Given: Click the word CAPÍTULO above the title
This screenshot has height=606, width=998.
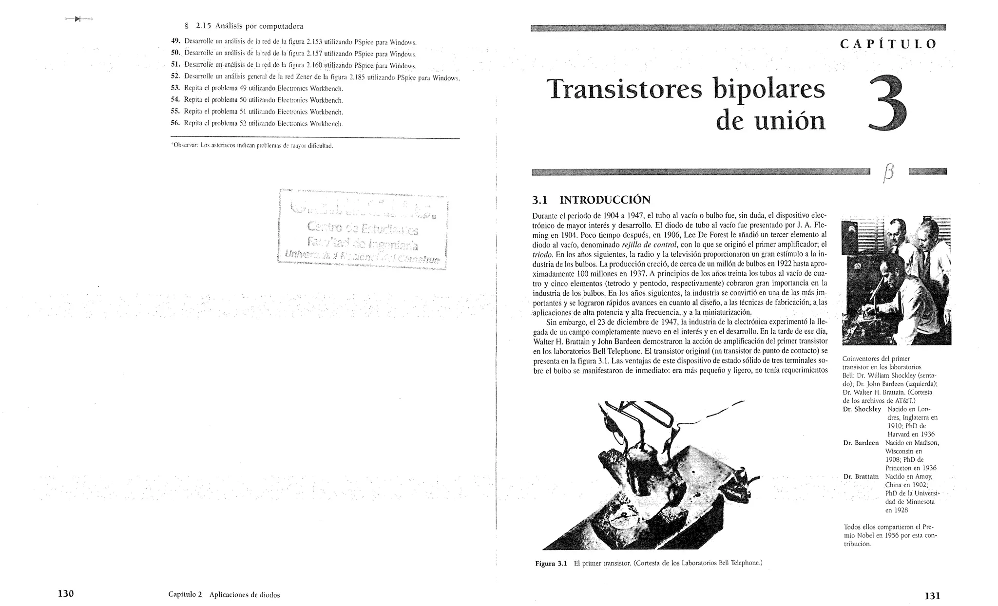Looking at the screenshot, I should coord(888,44).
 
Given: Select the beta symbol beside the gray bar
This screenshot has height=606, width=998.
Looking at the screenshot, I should coord(888,172).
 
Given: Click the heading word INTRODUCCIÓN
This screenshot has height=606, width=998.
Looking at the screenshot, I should coord(605,200).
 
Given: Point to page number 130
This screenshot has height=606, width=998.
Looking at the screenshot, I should coord(65,593).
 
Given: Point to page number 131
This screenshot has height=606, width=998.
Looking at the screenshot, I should coord(932,595).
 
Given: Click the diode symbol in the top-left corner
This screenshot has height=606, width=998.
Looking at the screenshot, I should coord(78,19).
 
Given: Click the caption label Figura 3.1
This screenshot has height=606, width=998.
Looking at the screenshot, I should coord(551,563).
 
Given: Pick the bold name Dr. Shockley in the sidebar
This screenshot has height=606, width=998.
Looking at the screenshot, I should coord(862,409).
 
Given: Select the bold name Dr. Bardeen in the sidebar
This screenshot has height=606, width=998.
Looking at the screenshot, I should coord(861,443).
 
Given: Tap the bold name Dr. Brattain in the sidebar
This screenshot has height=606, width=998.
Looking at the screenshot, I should coord(861,476).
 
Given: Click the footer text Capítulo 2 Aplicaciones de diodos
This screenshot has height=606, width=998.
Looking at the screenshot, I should coord(224,595).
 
